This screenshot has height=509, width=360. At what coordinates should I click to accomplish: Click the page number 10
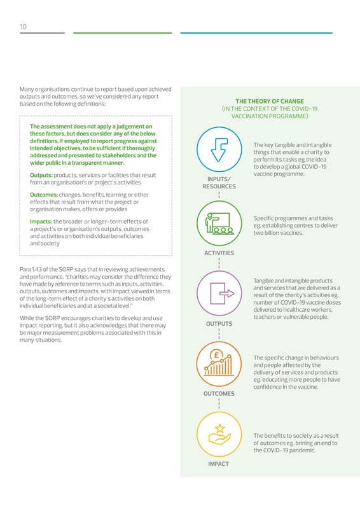tap(22, 27)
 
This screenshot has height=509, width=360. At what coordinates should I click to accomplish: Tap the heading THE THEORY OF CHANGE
tap(270, 101)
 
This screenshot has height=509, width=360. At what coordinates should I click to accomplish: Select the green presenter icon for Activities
tap(219, 221)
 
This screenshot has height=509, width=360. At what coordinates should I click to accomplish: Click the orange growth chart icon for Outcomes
tap(219, 363)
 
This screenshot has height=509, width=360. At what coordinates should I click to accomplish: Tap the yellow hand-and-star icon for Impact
tap(219, 433)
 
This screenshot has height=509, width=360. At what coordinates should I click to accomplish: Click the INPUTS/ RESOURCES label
tap(219, 183)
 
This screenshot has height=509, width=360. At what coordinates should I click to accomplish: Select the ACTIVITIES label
tap(219, 253)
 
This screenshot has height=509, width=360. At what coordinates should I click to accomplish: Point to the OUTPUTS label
tap(219, 324)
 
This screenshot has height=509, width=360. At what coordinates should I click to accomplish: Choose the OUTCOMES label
tap(219, 394)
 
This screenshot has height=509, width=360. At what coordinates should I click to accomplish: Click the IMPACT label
tap(219, 464)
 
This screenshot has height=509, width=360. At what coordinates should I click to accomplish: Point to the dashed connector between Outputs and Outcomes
tap(219, 335)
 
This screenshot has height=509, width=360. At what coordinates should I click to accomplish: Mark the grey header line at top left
tap(42, 32)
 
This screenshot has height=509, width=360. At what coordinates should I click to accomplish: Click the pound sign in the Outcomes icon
tap(217, 354)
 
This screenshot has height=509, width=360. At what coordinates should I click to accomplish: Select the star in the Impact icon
tap(219, 428)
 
